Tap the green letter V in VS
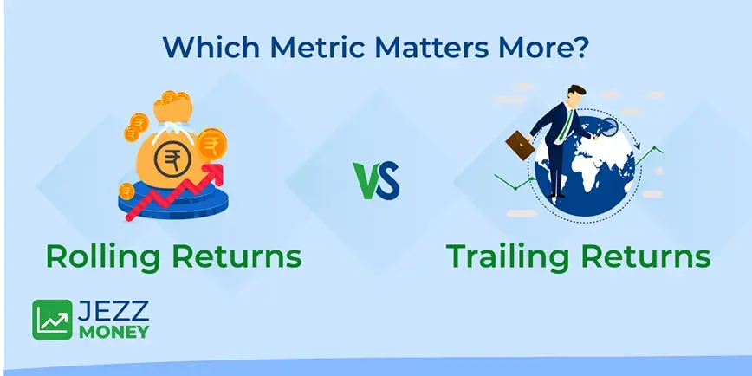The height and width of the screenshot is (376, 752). click(366, 181)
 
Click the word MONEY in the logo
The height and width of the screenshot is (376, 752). click(113, 331)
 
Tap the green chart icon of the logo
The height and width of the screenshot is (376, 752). click(53, 320)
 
